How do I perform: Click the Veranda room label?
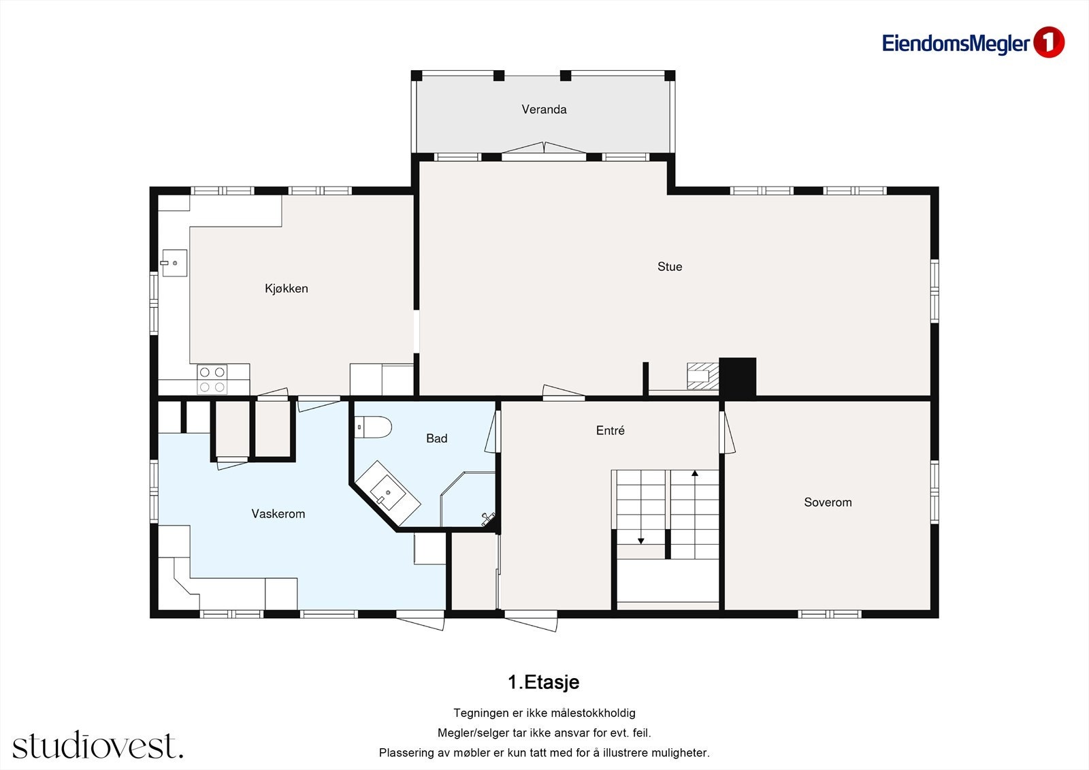[544, 110]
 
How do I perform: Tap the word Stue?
[670, 267]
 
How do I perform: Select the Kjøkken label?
[287, 289]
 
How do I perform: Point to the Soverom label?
[828, 502]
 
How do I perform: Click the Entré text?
[610, 430]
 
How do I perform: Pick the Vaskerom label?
[278, 513]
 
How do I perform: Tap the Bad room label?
[436, 438]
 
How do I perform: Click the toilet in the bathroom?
[373, 427]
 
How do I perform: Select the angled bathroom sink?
[388, 493]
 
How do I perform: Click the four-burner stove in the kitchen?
[212, 379]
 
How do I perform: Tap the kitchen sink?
[174, 263]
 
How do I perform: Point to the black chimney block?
[738, 377]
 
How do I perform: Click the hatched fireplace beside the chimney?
[703, 376]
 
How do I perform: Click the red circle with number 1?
[1049, 42]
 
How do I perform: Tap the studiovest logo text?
[98, 744]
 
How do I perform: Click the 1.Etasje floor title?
[544, 682]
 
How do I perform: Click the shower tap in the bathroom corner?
[487, 519]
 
